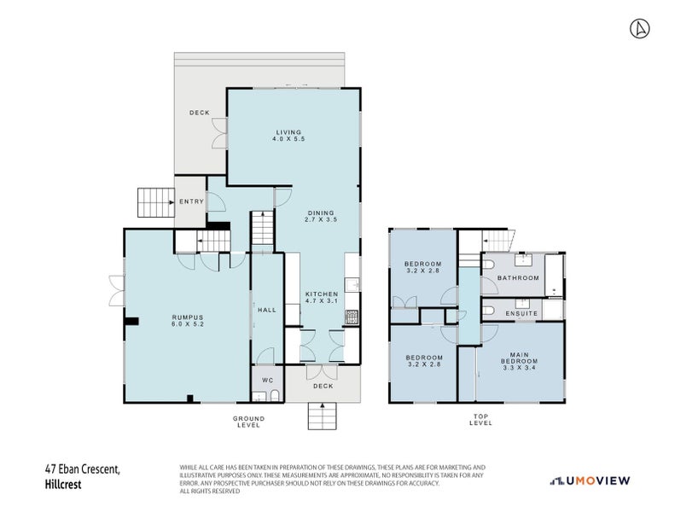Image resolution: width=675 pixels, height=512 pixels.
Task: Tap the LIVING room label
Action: click(288, 131)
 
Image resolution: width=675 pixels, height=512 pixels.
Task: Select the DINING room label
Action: click(320, 212)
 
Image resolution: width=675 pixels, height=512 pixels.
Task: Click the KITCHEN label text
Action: click(322, 294)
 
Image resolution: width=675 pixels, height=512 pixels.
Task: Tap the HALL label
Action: click(266, 310)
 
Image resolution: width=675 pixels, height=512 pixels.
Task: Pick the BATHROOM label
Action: click(519, 278)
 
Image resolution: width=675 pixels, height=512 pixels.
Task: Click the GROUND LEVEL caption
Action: click(249, 420)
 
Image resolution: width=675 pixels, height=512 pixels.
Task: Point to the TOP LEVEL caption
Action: click(480, 420)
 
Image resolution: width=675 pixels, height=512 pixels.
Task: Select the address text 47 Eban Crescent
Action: click(83, 468)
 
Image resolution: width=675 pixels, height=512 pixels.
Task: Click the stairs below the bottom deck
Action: click(323, 417)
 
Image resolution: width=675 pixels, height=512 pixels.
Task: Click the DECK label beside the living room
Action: click(200, 113)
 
